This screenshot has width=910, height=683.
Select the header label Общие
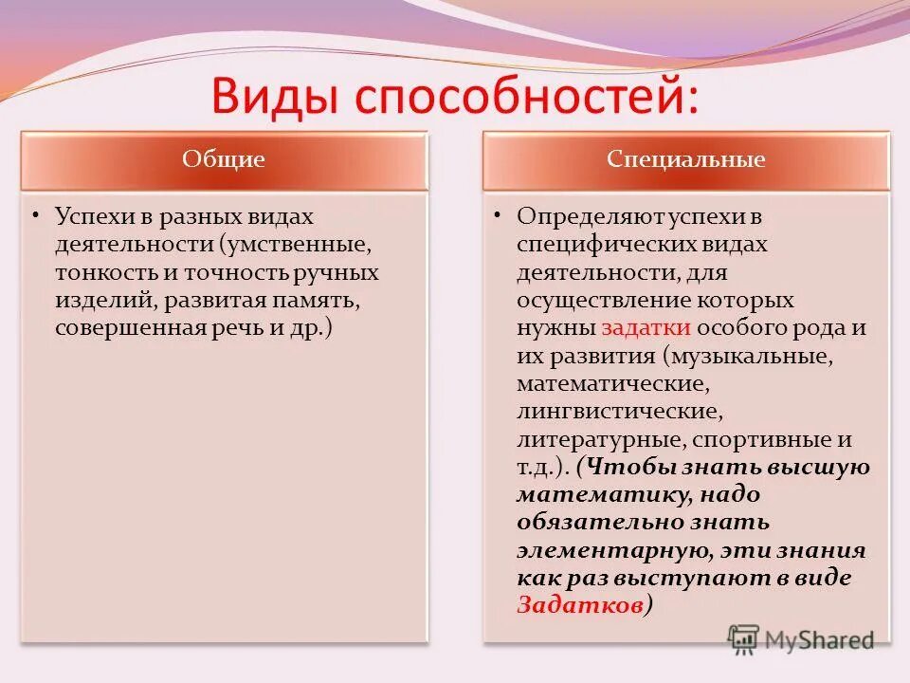pos(224,159)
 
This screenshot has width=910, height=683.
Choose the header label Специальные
pos(686,159)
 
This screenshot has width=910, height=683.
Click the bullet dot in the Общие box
pos(36,216)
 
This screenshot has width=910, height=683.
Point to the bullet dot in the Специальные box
pos(498,216)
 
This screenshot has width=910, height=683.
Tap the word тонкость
pos(107,272)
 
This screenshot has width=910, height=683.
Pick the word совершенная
pos(130,328)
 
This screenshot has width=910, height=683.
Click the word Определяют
pos(590,216)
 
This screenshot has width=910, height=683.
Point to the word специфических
pos(607,245)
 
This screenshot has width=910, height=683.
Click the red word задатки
pos(646,328)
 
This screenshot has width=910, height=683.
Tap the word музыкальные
pos(751,356)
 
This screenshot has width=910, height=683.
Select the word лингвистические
pos(620,412)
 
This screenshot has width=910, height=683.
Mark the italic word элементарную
pos(614,551)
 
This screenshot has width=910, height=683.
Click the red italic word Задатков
pos(580,605)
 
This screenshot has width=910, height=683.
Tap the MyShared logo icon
pos(743,640)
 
